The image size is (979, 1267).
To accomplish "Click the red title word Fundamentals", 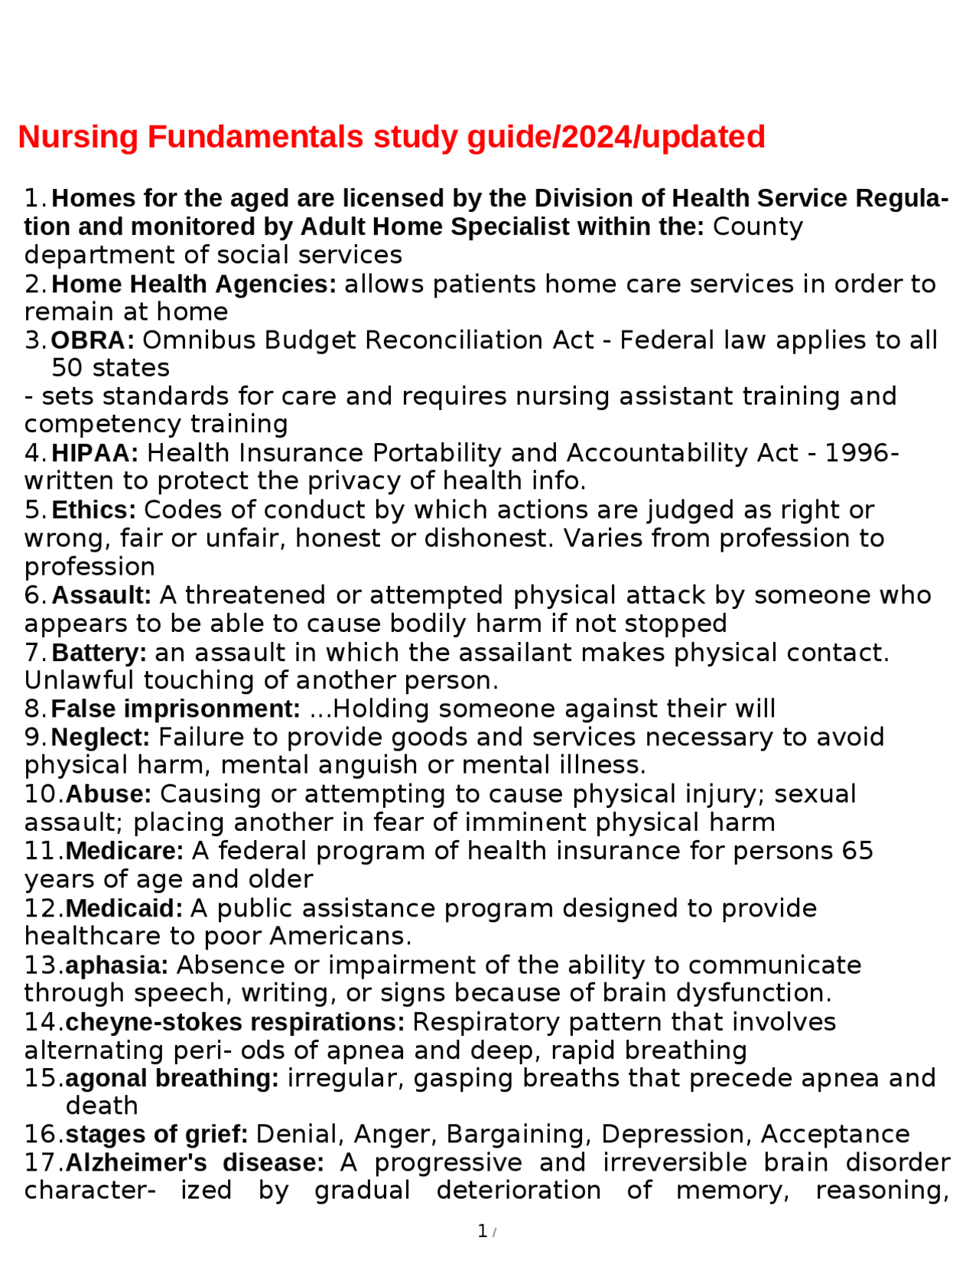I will coord(255,137).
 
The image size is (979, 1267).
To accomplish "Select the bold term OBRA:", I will coord(93,340).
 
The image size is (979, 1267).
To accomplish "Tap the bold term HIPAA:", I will coord(95,453).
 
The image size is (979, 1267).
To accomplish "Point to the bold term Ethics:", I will coord(93,510).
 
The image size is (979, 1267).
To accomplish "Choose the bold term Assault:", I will coord(102,595).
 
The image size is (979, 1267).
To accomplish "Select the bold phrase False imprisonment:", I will coord(176,709).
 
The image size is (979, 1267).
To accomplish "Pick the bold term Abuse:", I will coord(109,794).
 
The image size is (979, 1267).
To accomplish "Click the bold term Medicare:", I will coord(125,851).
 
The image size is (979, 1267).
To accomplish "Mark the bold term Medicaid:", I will coord(124,908).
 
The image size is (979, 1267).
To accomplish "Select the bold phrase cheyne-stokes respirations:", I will coord(235,1022).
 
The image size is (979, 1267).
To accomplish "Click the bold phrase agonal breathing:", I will coord(172,1078).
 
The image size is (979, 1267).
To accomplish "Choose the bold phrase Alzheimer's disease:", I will coord(195,1163).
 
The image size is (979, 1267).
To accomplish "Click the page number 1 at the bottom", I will coord(483,1231).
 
